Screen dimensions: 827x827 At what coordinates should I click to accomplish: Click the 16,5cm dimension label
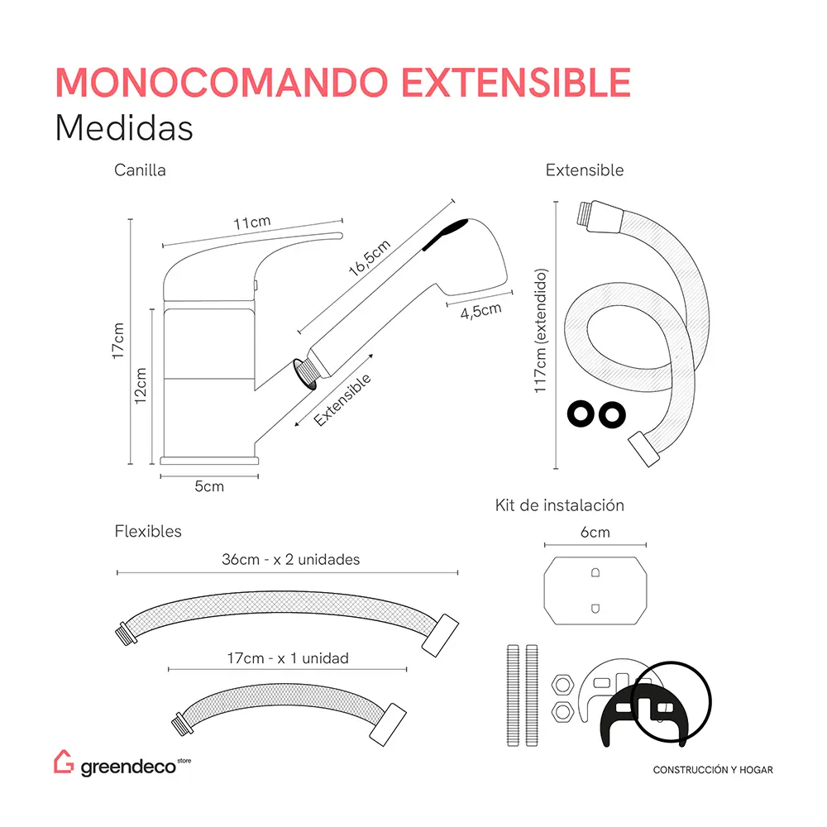click(x=369, y=258)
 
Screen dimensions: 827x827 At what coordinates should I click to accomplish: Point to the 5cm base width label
click(x=209, y=486)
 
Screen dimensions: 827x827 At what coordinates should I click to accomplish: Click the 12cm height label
click(x=141, y=385)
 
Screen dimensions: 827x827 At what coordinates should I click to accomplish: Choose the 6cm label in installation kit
click(x=595, y=533)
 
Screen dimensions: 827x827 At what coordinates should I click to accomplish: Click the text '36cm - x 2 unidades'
click(x=291, y=560)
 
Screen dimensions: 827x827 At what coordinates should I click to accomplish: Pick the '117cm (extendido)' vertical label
click(x=541, y=332)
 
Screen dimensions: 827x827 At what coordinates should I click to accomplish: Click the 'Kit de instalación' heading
click(x=560, y=504)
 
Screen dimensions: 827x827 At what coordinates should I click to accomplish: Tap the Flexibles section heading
click(x=148, y=532)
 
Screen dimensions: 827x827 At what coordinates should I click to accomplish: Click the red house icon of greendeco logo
click(x=64, y=763)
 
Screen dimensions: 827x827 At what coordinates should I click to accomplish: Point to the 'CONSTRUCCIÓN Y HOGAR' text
click(x=713, y=770)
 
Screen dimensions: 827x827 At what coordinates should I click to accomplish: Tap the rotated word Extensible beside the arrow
click(x=342, y=400)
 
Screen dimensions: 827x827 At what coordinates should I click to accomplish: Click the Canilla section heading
click(x=140, y=170)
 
